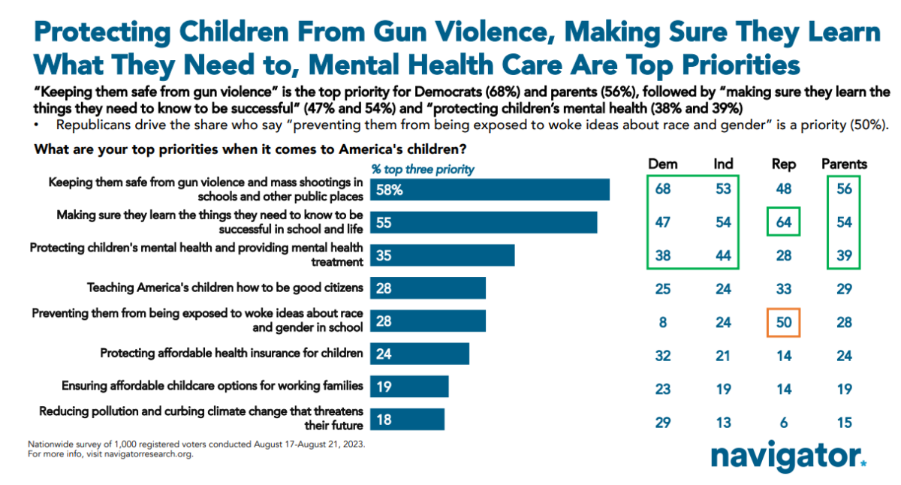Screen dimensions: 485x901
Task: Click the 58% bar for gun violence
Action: click(490, 190)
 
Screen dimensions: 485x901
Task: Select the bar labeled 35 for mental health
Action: click(442, 255)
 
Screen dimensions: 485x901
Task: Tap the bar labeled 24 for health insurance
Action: click(420, 353)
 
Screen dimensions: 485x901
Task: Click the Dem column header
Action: click(662, 164)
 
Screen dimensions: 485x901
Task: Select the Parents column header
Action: click(844, 164)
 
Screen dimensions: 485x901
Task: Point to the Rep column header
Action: click(784, 164)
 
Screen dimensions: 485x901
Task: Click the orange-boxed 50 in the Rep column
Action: click(784, 323)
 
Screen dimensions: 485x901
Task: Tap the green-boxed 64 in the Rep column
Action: click(784, 223)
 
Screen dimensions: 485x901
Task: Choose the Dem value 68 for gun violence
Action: click(662, 189)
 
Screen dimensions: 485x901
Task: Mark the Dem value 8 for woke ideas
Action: click(662, 323)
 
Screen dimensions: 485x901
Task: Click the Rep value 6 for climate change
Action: click(784, 423)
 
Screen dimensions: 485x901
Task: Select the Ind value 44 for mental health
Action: click(722, 256)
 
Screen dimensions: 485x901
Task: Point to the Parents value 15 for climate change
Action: click(844, 423)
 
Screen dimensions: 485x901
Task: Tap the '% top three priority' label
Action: click(423, 169)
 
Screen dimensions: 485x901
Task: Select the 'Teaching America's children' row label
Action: click(225, 287)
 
